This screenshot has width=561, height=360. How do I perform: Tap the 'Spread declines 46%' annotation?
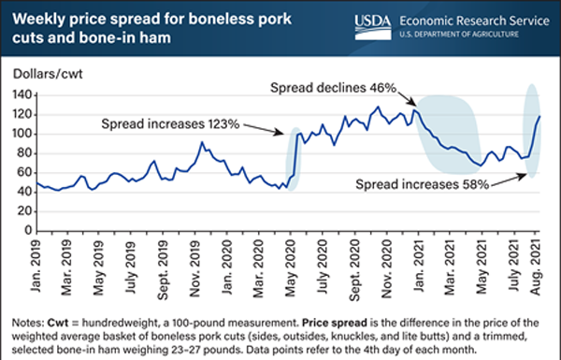[336, 87]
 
